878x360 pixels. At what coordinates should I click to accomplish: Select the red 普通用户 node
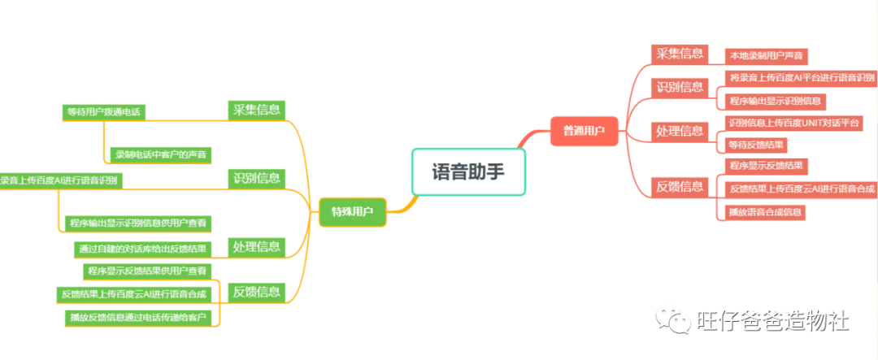point(584,130)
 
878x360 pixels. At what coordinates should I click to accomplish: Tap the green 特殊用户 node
point(352,212)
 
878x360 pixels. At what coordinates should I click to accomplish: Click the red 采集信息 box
point(680,54)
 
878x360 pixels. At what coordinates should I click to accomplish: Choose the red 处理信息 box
point(680,131)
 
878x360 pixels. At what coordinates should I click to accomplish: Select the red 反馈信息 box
point(680,187)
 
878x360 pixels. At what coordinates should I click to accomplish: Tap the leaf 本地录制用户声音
point(767,56)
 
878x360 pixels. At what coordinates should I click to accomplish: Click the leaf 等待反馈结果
point(757,145)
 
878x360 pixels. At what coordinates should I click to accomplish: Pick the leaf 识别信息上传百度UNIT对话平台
point(793,123)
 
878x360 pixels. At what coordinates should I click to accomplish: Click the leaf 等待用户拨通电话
point(105,112)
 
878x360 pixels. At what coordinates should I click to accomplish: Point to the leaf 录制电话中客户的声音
point(160,154)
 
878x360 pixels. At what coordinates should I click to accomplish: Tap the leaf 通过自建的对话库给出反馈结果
point(141,248)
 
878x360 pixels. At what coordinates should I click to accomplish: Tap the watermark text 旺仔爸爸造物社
point(772,321)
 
